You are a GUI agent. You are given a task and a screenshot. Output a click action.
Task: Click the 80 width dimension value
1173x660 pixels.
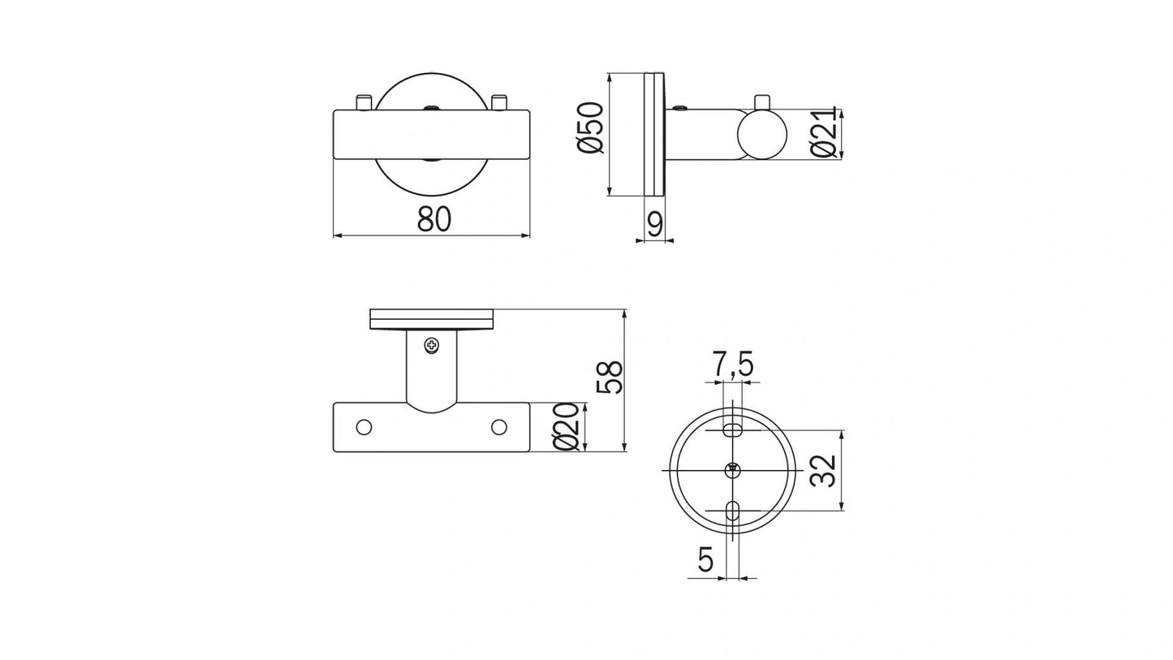coord(433,219)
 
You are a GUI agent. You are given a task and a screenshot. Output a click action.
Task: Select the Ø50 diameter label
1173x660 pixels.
coord(590,127)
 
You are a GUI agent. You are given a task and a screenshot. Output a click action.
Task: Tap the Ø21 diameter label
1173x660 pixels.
coord(823,133)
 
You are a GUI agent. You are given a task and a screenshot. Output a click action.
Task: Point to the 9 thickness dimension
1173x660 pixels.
coord(654,222)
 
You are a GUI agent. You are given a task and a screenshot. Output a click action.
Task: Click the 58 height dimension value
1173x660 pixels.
coord(610,377)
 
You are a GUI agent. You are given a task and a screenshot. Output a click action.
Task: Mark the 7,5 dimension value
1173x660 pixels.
coord(733,365)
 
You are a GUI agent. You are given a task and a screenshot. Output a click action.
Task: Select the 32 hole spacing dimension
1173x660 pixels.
coord(824,471)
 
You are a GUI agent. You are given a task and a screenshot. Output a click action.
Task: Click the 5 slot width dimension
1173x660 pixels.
coord(705,559)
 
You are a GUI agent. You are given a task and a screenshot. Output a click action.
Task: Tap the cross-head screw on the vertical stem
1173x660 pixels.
coord(431,347)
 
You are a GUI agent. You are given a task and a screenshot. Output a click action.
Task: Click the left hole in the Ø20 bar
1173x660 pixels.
coord(364,427)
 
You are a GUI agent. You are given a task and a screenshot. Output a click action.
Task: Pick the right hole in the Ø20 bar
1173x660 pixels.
coord(499,427)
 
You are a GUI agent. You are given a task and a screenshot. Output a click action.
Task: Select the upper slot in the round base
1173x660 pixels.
coord(732,430)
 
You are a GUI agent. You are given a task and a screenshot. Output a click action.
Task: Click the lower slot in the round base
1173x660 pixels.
coord(732,511)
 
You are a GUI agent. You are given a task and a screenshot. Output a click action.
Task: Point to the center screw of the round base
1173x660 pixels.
coord(732,468)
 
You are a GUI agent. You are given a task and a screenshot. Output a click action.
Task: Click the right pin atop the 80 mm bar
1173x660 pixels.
coord(499,102)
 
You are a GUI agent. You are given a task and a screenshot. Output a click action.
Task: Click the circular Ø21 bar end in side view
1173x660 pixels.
coord(761,135)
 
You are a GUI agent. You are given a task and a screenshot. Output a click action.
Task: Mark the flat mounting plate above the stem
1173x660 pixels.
coord(431,319)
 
